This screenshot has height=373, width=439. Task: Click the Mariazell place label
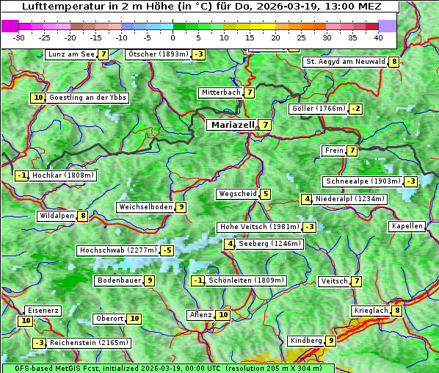(233, 125)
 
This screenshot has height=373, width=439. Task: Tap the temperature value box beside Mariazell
(265, 125)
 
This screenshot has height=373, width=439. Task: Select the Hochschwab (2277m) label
(118, 250)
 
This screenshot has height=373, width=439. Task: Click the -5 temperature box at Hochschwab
(167, 250)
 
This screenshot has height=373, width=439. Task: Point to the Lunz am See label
(71, 54)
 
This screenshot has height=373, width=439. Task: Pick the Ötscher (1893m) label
(158, 54)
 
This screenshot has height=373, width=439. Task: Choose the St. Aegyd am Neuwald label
(345, 62)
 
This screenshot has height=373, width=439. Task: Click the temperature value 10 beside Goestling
(38, 98)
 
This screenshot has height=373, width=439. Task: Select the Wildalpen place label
(57, 216)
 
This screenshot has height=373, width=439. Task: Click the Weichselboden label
(145, 207)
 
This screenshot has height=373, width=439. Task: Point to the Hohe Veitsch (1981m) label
(258, 227)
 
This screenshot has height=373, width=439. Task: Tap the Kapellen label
(407, 226)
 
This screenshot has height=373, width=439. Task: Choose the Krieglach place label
(371, 311)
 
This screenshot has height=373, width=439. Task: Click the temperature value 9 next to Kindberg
(331, 341)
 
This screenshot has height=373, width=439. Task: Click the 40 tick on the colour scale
(378, 37)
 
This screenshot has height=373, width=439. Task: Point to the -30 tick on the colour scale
(19, 37)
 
